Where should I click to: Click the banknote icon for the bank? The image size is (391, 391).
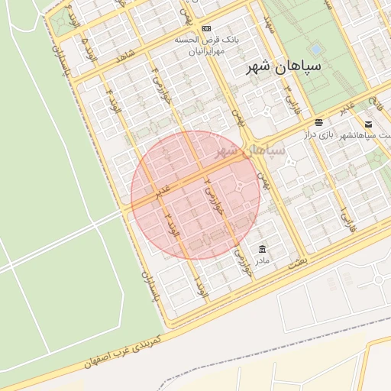[x=206, y=27]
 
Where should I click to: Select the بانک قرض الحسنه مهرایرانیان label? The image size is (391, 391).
[x=204, y=44]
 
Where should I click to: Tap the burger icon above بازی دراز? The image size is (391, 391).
[x=318, y=122]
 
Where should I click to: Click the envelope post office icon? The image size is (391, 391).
[x=368, y=124]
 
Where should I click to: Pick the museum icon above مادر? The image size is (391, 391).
[x=263, y=249]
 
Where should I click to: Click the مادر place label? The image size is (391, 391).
[x=263, y=260]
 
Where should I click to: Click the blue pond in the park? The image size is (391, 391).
[x=315, y=49]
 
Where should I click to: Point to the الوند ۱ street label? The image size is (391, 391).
[x=202, y=288]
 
